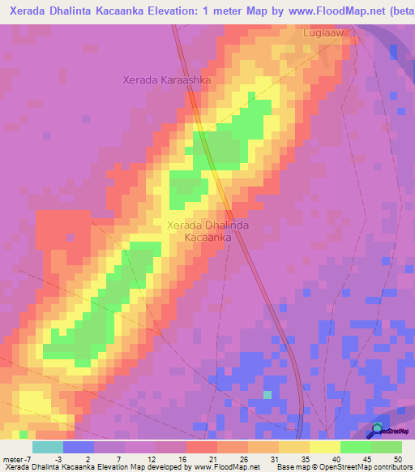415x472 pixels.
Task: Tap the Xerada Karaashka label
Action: (166, 80)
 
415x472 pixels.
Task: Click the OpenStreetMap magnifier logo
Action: (378, 430)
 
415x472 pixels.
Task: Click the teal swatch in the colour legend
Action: (47, 447)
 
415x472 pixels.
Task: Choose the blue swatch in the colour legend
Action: (78, 447)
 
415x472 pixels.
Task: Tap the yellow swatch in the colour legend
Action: (324, 447)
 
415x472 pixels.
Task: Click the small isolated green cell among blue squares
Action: (267, 395)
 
